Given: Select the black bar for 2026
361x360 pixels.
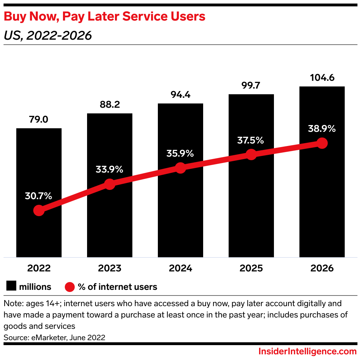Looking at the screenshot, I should click(322, 198).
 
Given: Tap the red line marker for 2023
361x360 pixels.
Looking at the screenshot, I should click(110, 184).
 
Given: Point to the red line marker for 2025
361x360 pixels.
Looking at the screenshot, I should click(251, 154).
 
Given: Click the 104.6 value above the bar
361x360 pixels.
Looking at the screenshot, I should click(322, 77).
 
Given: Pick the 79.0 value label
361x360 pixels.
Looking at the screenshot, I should click(39, 119).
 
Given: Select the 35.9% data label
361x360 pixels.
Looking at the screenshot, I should click(180, 154).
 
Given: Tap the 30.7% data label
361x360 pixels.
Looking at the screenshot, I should click(39, 196).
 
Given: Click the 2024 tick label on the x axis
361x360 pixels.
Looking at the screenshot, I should click(180, 268).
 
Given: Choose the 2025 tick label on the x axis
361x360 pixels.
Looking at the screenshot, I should click(251, 268).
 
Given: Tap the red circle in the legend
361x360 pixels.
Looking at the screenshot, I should click(70, 287).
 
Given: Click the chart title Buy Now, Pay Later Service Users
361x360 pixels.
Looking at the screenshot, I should click(105, 16).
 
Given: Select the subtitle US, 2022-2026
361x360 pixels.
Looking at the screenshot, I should click(48, 35).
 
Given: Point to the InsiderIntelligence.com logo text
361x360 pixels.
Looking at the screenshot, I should click(307, 351).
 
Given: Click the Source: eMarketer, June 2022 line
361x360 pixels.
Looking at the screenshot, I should click(55, 338).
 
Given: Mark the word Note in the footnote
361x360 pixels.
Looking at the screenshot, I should click(11, 304).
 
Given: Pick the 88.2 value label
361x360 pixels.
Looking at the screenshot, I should click(109, 105).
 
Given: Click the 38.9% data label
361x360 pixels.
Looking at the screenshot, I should click(322, 129).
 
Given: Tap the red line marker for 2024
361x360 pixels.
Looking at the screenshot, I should click(180, 168).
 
